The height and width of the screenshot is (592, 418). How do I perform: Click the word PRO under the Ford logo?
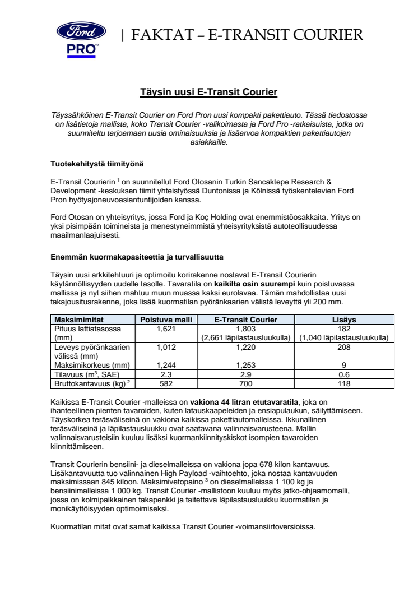click(x=82, y=49)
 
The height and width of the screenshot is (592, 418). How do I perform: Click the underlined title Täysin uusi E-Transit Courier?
click(x=208, y=91)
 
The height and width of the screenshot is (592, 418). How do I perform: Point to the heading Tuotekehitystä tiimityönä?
click(x=94, y=164)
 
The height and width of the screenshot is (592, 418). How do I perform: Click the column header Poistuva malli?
click(x=166, y=320)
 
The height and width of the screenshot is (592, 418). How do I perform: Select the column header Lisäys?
click(x=344, y=320)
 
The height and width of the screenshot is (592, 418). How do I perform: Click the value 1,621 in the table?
click(x=166, y=328)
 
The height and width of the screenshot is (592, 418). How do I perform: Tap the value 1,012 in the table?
click(x=166, y=348)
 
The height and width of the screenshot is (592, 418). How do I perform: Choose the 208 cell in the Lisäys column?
click(x=344, y=348)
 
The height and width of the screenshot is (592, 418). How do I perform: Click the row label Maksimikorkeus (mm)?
click(x=87, y=366)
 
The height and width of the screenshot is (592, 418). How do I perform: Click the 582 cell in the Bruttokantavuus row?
click(x=166, y=383)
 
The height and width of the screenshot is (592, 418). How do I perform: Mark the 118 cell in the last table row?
click(x=344, y=383)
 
